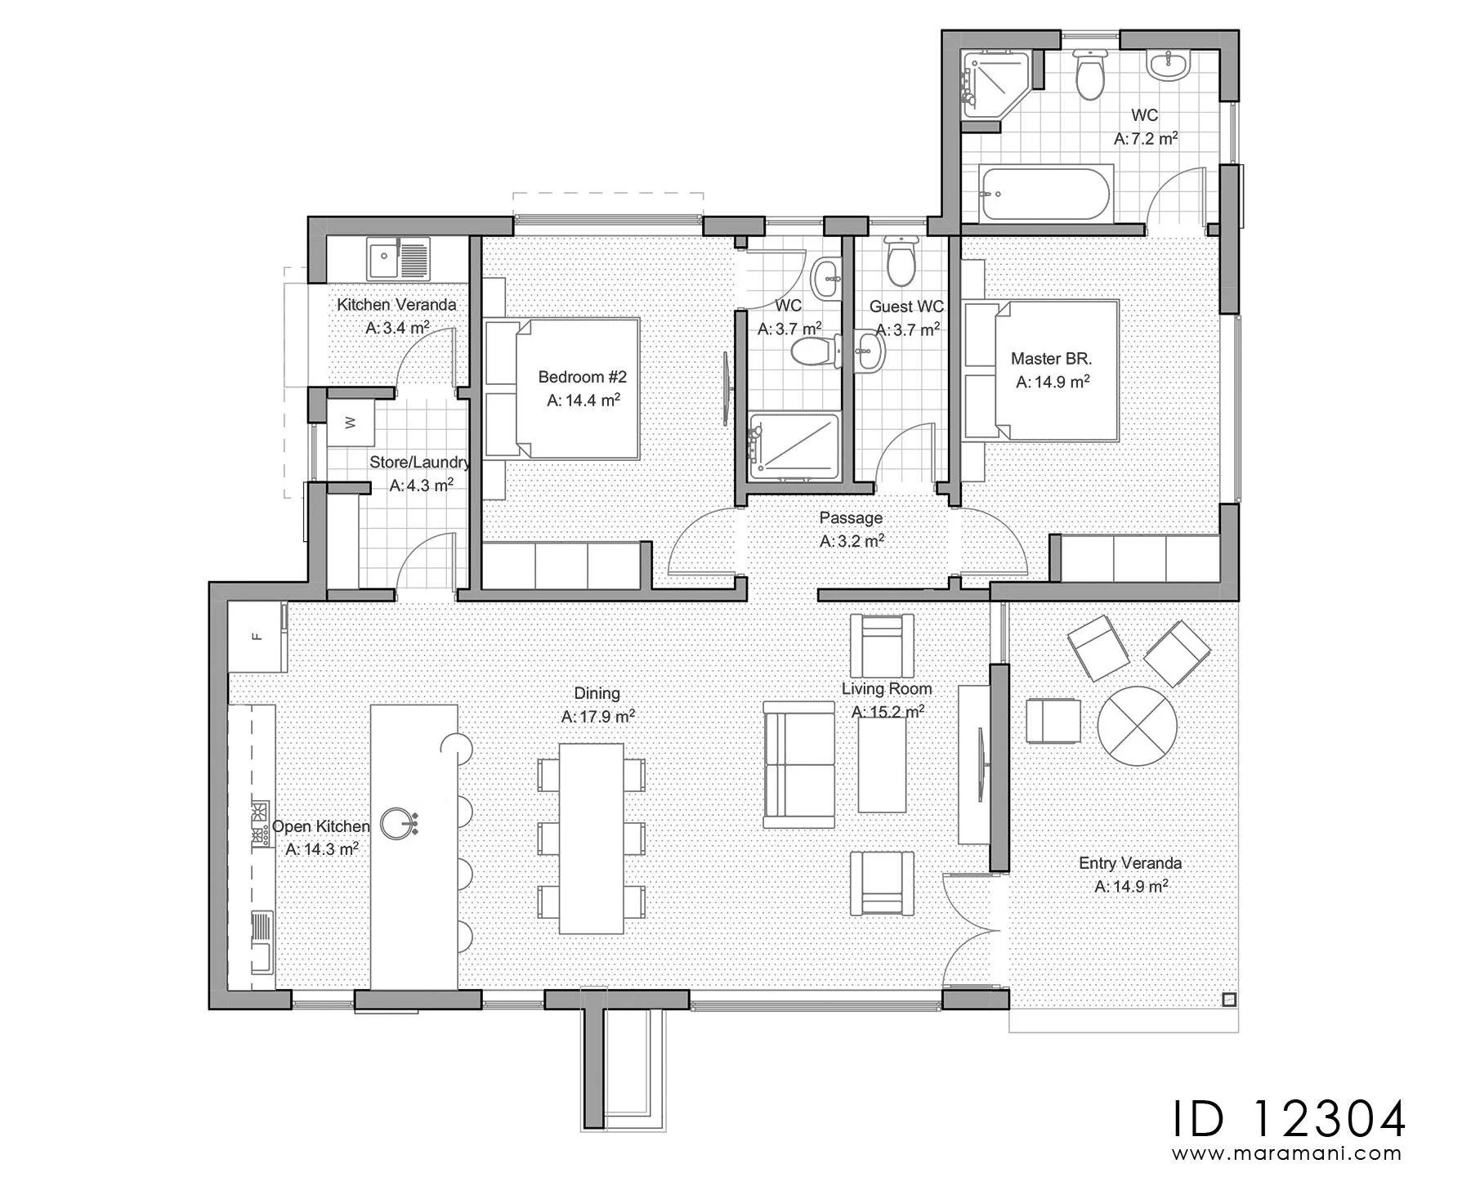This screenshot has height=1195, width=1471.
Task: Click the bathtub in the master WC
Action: [1045, 193]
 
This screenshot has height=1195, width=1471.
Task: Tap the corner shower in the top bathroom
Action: [993, 85]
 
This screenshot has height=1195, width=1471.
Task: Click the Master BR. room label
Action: [1052, 358]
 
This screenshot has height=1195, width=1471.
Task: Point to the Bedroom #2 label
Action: [582, 377]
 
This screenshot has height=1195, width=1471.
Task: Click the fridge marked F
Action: [256, 637]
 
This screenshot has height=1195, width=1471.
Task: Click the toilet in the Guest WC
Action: [901, 259]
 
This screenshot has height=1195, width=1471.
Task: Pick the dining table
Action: [592, 838]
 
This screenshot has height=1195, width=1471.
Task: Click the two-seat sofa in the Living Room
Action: [798, 764]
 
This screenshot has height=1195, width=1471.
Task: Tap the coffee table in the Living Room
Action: [882, 765]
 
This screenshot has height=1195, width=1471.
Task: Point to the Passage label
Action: [851, 517]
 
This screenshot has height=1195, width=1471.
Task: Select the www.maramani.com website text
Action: [1287, 1154]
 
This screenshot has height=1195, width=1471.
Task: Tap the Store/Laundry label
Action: [420, 462]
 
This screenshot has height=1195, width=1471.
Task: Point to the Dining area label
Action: [597, 693]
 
